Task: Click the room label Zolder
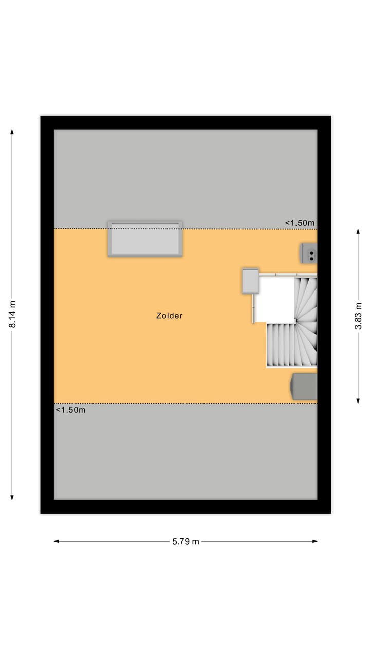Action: pyautogui.click(x=169, y=316)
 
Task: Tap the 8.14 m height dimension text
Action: pyautogui.click(x=12, y=314)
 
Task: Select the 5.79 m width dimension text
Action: pyautogui.click(x=186, y=541)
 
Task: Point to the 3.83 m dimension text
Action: pyautogui.click(x=358, y=316)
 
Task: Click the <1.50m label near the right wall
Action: pyautogui.click(x=300, y=223)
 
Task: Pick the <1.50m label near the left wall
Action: pyautogui.click(x=70, y=410)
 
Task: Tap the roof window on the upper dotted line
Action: pyautogui.click(x=145, y=239)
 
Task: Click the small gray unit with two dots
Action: pyautogui.click(x=309, y=253)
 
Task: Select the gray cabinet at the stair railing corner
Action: pyautogui.click(x=250, y=281)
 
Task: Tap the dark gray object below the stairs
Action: pyautogui.click(x=304, y=387)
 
